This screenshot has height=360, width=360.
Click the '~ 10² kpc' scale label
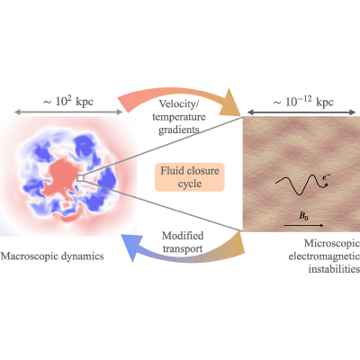(68, 102)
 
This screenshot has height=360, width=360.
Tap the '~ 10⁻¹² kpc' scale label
(303, 102)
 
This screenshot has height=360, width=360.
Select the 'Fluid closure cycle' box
(190, 177)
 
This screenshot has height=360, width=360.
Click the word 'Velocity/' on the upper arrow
(179, 103)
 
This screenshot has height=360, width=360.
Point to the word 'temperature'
(179, 117)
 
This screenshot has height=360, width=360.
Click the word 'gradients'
(179, 130)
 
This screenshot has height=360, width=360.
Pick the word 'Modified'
(183, 236)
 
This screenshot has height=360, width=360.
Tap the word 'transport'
(183, 248)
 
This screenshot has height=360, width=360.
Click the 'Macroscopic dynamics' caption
(52, 256)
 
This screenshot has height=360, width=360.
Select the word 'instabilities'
(334, 269)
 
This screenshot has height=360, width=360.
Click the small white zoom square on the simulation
(80, 178)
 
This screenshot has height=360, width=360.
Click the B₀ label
(303, 216)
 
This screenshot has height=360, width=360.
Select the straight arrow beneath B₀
(303, 225)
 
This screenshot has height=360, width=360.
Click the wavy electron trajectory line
(300, 185)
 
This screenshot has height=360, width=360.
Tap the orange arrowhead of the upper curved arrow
(230, 103)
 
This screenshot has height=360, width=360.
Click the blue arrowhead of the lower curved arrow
(130, 247)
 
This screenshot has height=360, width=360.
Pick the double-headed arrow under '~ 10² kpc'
(68, 112)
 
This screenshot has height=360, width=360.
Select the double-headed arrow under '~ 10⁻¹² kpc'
(301, 112)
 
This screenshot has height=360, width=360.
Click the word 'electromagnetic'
(324, 256)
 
